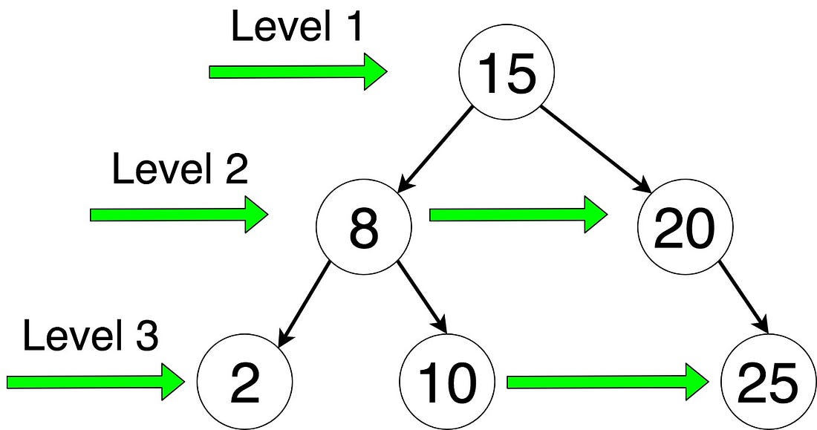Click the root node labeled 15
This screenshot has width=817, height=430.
507,74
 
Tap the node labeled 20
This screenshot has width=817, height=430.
684,227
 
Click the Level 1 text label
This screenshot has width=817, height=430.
298,27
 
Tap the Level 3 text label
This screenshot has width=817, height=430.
91,336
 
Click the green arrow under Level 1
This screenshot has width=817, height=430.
297,72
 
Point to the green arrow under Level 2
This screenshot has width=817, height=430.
178,215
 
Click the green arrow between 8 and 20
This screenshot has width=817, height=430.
518,215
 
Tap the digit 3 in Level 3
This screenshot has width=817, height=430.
148,337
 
